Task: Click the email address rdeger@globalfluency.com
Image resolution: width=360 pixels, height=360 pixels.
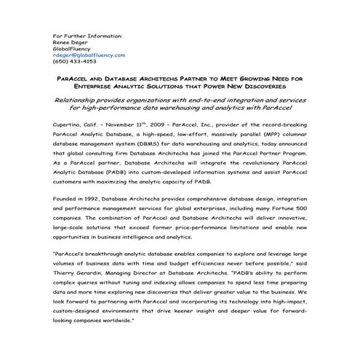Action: click(89, 55)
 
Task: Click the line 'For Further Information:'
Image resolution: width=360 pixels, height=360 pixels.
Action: click(88, 35)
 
